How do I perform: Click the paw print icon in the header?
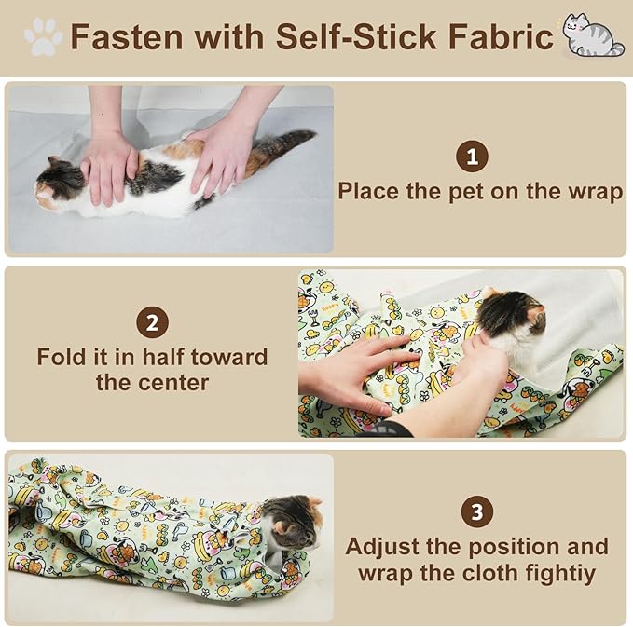coord(43,37)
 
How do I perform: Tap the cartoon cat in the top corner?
coord(592,35)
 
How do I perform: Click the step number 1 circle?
coord(473,157)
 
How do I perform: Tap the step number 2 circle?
coord(152,323)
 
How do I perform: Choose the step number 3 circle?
coord(476,511)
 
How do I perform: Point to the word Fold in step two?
coord(61,358)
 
